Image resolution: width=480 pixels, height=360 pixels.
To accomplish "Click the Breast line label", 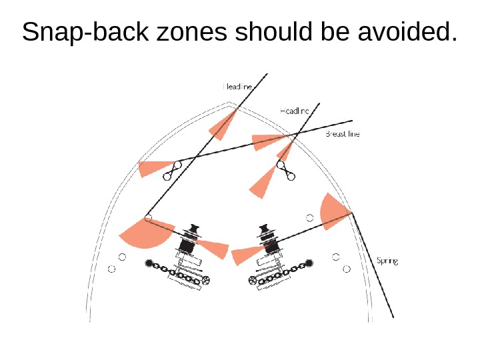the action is click(343, 134).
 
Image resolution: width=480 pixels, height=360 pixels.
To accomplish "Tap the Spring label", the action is click(387, 261).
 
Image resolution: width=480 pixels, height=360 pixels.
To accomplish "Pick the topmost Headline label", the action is click(237, 86).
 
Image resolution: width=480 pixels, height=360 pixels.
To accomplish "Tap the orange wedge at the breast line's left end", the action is click(154, 167).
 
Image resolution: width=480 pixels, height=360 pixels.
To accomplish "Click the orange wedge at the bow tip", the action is click(224, 124).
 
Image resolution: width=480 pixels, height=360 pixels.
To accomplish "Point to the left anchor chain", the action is click(175, 272).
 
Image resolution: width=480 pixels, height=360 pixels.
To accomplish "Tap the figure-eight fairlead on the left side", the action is click(173, 171).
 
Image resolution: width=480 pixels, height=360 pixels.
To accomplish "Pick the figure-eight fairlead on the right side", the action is click(286, 171).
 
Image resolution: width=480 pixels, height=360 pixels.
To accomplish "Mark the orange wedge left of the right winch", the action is click(245, 254).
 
